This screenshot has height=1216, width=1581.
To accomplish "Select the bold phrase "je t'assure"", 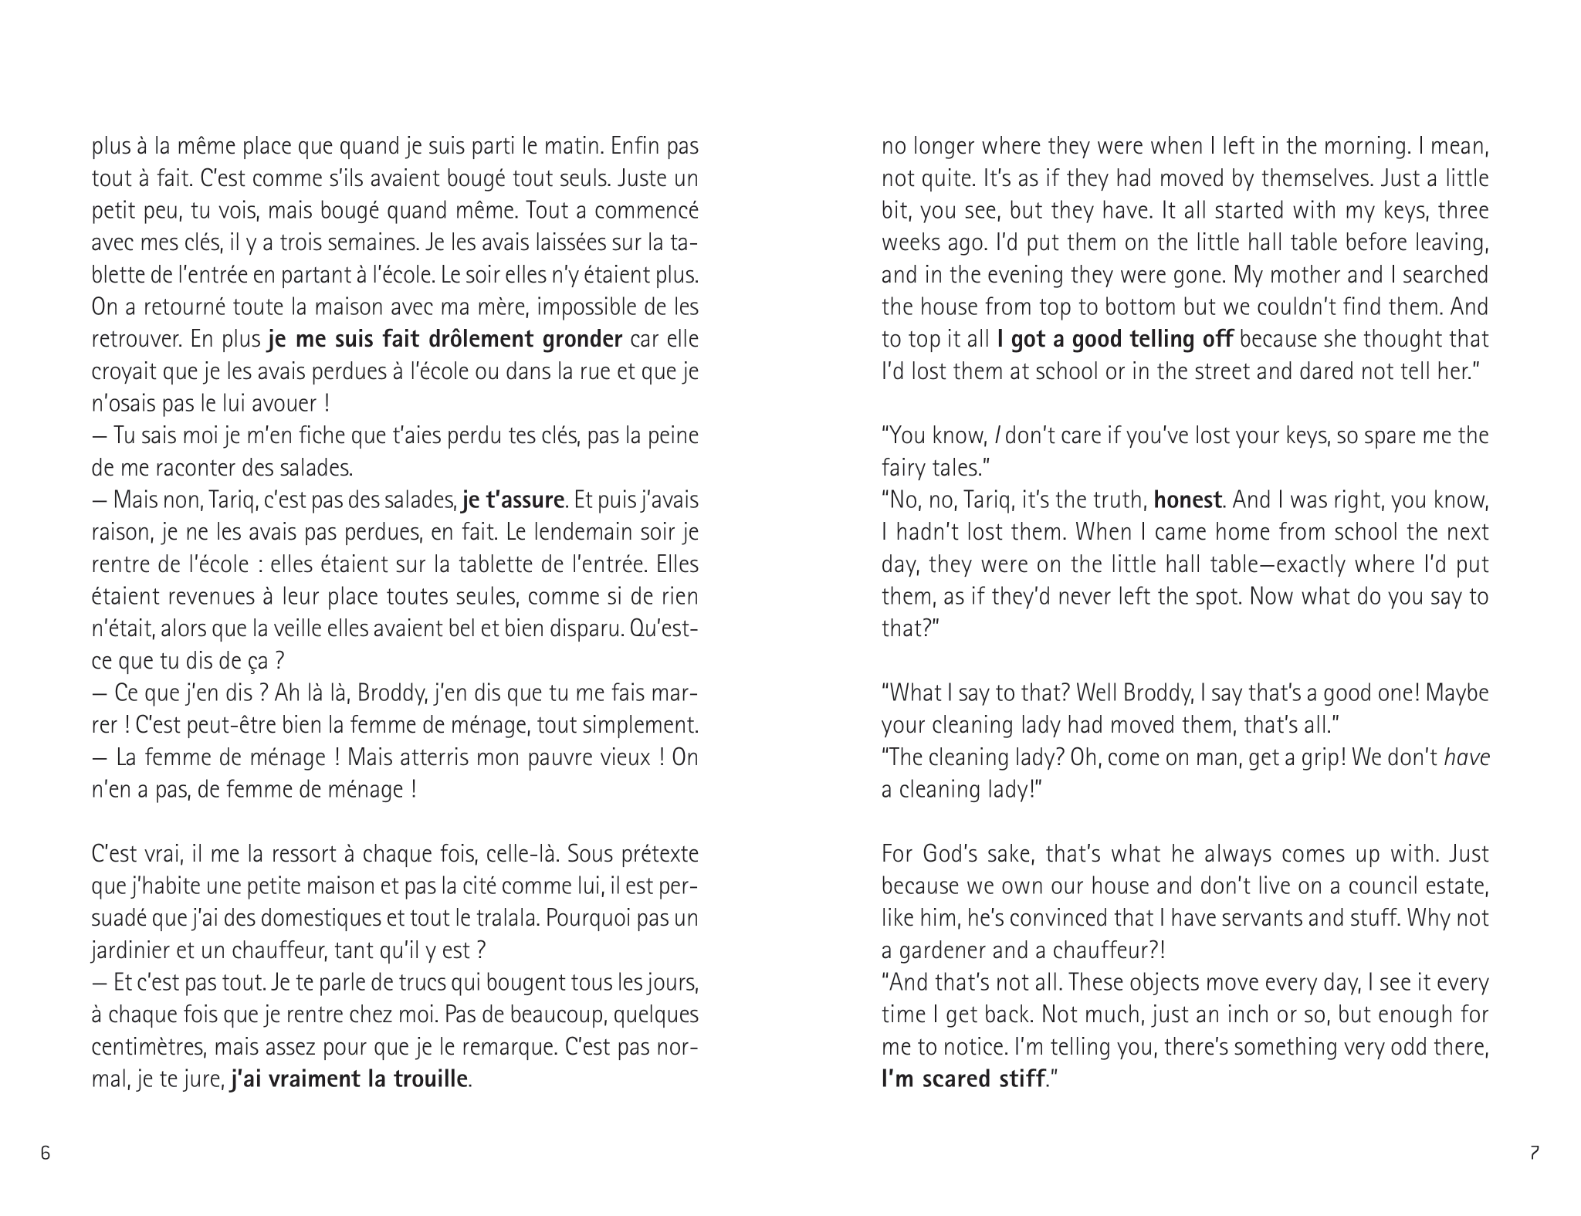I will click(513, 500).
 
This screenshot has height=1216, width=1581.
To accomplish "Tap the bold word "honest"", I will click(1187, 500).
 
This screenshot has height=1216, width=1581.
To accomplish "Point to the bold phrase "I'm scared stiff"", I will click(963, 1079).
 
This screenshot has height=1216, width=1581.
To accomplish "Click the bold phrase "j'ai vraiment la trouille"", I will click(350, 1079).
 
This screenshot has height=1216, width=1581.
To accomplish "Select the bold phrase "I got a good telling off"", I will click(1115, 339).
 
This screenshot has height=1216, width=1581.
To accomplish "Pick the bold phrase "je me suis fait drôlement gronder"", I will click(445, 339).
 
